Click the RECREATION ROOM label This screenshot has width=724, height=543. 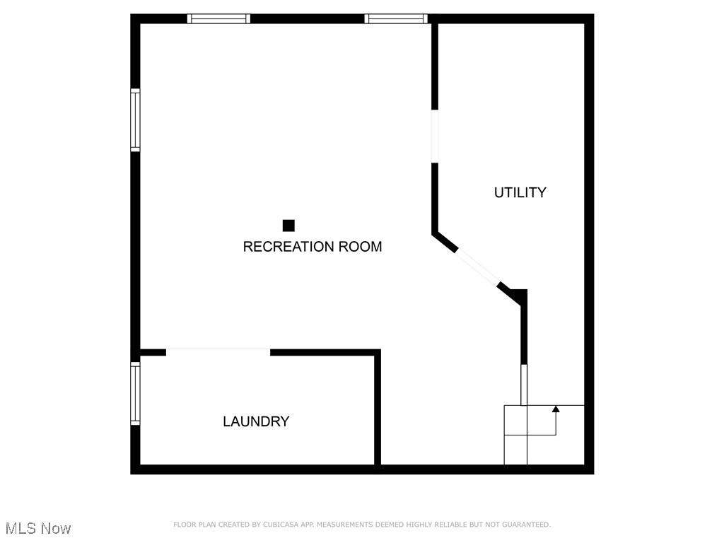(312, 247)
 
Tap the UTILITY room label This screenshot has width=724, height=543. (520, 192)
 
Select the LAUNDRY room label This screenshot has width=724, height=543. (256, 421)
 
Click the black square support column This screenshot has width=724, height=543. (288, 226)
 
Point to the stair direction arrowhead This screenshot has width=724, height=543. (556, 409)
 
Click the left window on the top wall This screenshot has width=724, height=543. (218, 19)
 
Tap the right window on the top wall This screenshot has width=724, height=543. (396, 19)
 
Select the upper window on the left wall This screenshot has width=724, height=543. (135, 120)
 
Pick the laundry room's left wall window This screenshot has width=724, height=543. (135, 393)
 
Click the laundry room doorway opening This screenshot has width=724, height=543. (218, 351)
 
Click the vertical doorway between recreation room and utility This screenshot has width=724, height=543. (435, 136)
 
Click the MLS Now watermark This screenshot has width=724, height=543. (38, 528)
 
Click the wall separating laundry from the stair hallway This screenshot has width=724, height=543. (378, 410)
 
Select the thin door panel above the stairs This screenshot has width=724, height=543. (524, 385)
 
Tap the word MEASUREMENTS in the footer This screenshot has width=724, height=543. (348, 525)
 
